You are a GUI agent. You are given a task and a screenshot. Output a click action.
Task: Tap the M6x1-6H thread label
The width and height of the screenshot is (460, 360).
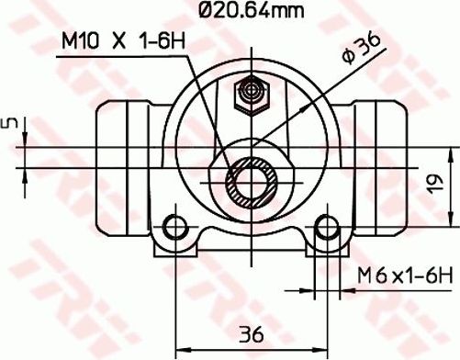(x=405, y=275)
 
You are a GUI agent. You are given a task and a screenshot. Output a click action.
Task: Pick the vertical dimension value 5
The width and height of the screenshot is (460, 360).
(x=11, y=124)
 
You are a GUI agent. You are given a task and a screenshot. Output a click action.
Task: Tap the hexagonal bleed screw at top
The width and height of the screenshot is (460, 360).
(x=249, y=94)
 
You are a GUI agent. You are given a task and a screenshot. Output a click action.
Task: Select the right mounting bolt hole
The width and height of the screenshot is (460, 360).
(x=325, y=227)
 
